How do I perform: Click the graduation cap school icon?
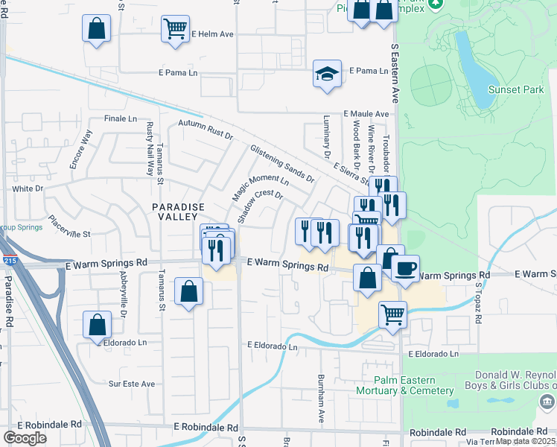click(327, 74)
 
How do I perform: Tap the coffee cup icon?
click(405, 268)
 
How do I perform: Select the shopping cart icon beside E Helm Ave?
click(175, 30)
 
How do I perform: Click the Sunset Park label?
click(512, 90)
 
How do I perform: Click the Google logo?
click(25, 438)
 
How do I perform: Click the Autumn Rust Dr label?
click(206, 130)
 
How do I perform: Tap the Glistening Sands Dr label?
click(282, 164)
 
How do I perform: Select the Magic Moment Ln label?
click(259, 186)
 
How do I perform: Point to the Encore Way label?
click(80, 149)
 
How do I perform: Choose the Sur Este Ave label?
click(132, 384)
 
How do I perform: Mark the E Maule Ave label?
click(366, 114)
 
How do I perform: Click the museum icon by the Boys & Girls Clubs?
click(547, 402)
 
